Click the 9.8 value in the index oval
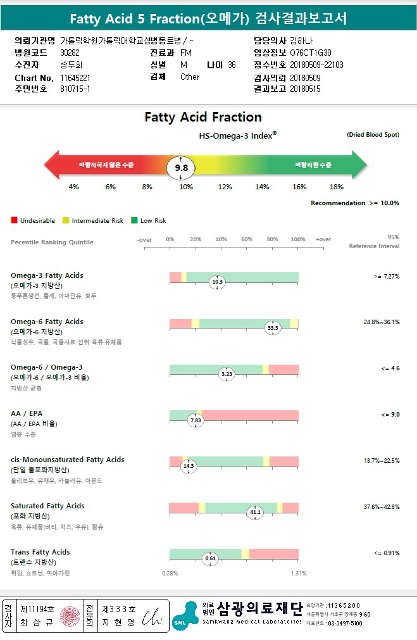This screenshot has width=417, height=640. [x=182, y=168]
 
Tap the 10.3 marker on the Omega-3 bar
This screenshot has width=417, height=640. [x=218, y=282]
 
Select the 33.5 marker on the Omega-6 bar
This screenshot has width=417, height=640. [x=273, y=328]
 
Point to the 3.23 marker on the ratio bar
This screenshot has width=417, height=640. [x=227, y=374]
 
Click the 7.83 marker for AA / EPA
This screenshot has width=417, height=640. [x=196, y=420]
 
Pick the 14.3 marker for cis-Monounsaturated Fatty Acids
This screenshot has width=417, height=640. [x=188, y=466]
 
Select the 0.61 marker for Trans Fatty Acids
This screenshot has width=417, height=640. [x=211, y=558]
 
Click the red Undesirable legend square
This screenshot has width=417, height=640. [x=14, y=221]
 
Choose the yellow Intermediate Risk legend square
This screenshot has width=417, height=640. [x=66, y=221]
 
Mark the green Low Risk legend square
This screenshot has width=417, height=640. [x=134, y=221]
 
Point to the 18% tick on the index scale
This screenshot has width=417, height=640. [x=337, y=187]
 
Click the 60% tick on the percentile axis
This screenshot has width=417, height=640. [x=247, y=239]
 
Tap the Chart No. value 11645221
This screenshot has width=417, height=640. [x=75, y=77]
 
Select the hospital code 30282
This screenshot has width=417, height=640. [x=70, y=53]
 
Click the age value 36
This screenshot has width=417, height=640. [x=232, y=65]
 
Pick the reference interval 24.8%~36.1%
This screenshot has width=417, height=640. [x=381, y=322]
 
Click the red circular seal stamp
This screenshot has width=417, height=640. [x=70, y=615]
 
